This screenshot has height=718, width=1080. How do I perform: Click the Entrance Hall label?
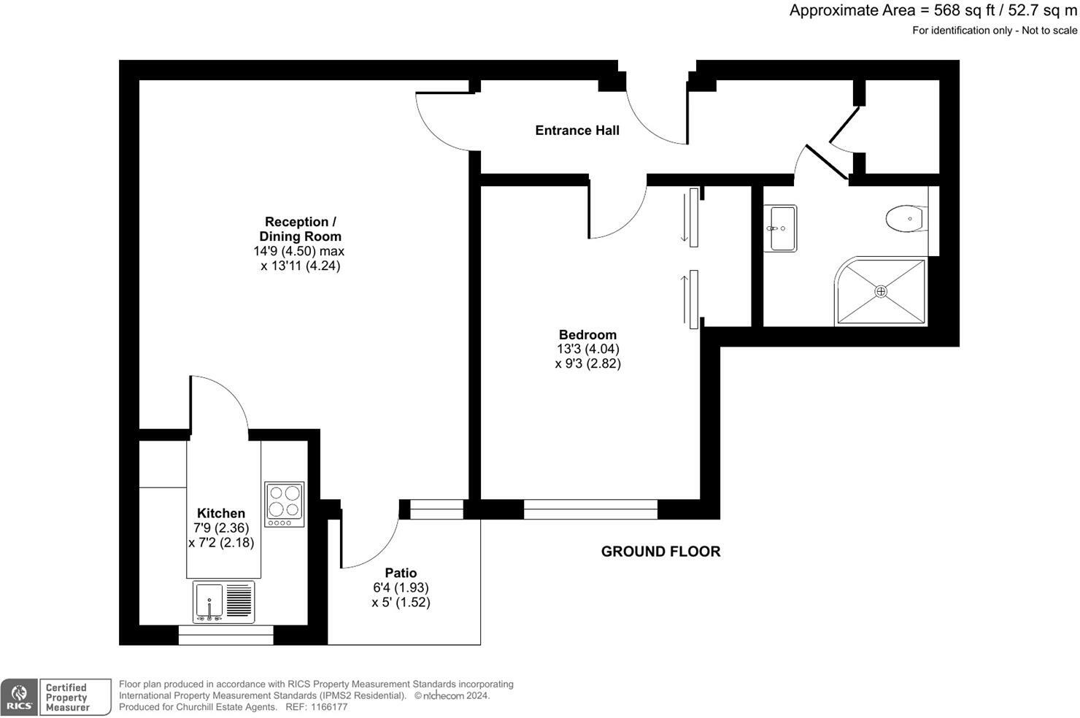[x=576, y=131]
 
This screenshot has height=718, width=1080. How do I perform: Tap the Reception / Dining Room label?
[x=300, y=228]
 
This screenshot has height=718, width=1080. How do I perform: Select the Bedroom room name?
[x=587, y=335]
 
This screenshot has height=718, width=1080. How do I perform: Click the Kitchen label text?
[x=220, y=513]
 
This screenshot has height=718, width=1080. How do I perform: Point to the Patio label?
[x=401, y=573]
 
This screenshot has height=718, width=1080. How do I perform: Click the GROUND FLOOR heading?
[x=660, y=552]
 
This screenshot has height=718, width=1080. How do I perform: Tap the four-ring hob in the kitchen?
[x=284, y=504]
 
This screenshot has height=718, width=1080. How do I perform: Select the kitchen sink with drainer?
[x=223, y=602]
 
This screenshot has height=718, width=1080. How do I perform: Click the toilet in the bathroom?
[x=906, y=218]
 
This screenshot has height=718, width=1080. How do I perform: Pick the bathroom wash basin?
[x=779, y=228]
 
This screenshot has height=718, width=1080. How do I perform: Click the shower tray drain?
[x=881, y=291]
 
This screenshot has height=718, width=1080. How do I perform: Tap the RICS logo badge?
[x=19, y=697]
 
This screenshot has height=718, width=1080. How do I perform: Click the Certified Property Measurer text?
[x=67, y=698]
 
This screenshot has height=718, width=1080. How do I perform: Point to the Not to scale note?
[x=1049, y=31]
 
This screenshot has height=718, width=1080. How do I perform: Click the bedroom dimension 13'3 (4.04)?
[x=587, y=350]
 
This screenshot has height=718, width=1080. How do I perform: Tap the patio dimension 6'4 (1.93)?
[x=401, y=587]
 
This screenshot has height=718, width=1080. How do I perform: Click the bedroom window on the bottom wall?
[x=590, y=509]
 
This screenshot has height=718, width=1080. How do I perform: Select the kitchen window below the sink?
[x=225, y=635]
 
